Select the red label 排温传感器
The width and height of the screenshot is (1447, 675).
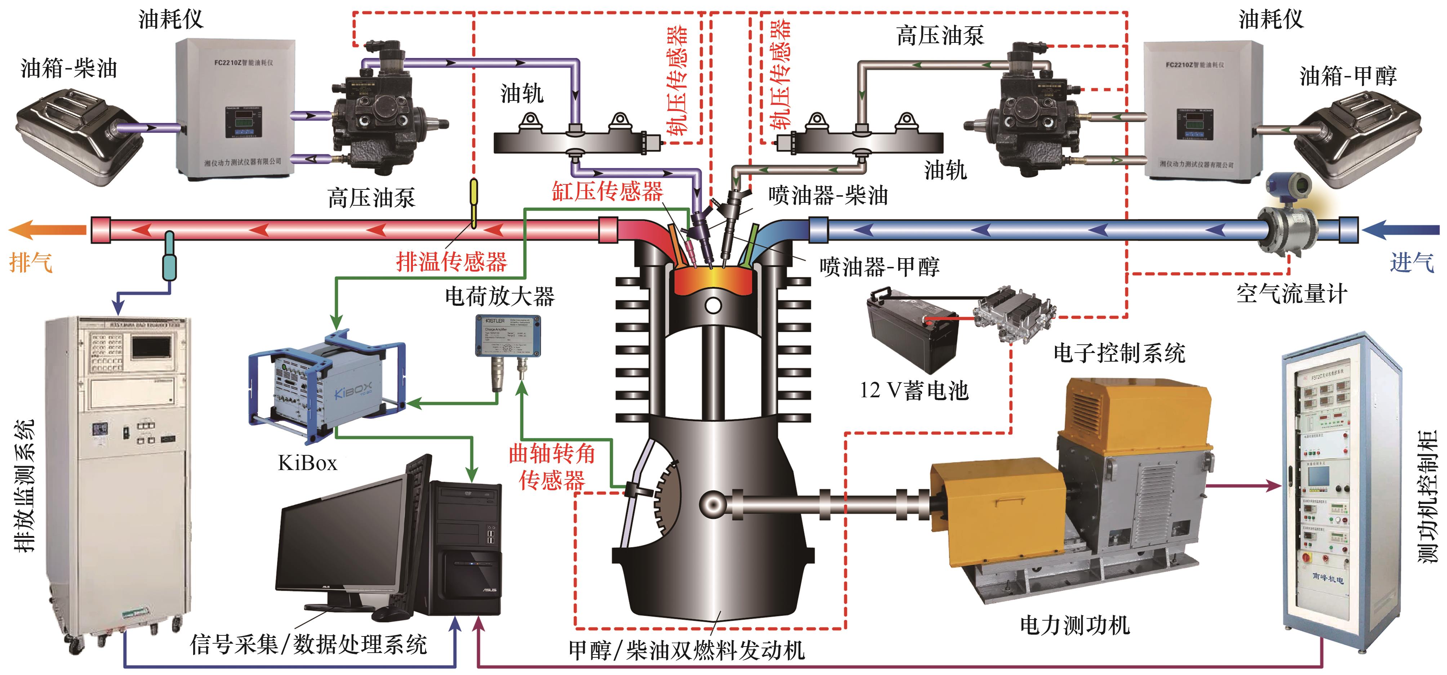451,262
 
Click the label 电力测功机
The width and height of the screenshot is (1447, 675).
1074,625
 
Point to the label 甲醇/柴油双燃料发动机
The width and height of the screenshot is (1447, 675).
686,650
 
